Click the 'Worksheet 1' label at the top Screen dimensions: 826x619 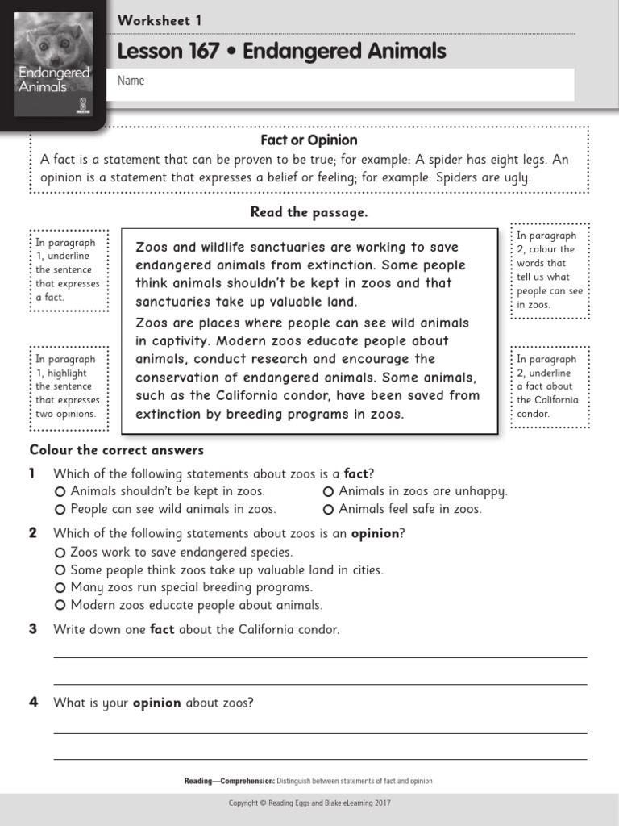point(160,20)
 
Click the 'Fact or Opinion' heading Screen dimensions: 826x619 point(309,140)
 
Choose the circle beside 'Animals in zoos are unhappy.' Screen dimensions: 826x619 point(328,491)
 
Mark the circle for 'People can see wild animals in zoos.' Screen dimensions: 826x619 point(60,509)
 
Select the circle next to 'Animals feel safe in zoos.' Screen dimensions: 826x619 point(328,509)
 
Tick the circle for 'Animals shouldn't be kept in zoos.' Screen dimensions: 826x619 point(60,491)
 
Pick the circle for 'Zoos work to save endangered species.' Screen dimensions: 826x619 point(60,553)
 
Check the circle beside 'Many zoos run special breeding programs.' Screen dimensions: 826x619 point(60,587)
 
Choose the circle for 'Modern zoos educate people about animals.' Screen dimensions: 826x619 point(60,605)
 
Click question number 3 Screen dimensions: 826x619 point(34,629)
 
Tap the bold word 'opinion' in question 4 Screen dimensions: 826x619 point(156,703)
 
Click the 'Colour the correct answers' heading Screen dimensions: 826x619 point(117,450)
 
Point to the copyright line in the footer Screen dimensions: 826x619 point(309,803)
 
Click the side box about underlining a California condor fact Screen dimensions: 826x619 point(550,386)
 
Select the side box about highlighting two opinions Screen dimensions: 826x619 point(68,386)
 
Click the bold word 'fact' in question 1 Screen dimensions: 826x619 point(355,473)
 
